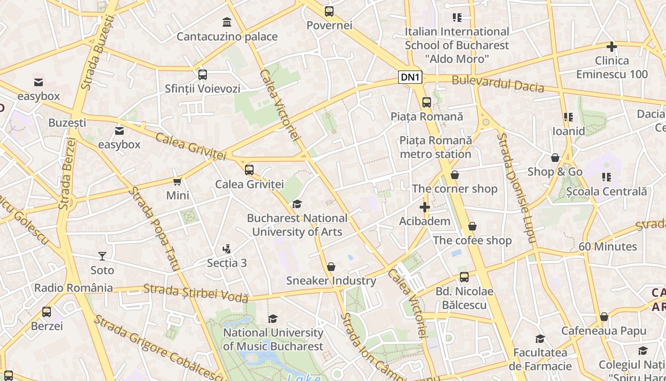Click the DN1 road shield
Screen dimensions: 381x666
[410, 77]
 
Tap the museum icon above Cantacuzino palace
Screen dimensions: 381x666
[227, 22]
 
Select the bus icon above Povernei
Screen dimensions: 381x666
[329, 11]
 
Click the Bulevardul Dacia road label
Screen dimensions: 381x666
[498, 83]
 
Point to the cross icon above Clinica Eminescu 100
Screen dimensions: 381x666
[612, 47]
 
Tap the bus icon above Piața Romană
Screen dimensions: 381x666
[427, 102]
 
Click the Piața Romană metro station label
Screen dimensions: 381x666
[435, 147]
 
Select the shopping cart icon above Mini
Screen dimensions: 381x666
[177, 181]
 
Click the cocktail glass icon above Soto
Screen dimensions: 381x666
[102, 256]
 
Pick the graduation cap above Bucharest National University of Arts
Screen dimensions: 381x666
[297, 204]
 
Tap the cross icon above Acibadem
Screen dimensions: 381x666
[425, 207]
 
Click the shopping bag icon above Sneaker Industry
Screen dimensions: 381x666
[331, 267]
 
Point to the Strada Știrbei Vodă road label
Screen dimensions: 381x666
[196, 293]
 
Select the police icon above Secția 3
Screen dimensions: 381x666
[227, 249]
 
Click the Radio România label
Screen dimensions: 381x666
[73, 288]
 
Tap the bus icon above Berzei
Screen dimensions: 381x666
[47, 312]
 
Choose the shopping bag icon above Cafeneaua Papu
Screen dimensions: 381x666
[604, 317]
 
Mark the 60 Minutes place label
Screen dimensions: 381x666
[607, 247]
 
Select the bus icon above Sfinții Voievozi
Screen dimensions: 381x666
[203, 74]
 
